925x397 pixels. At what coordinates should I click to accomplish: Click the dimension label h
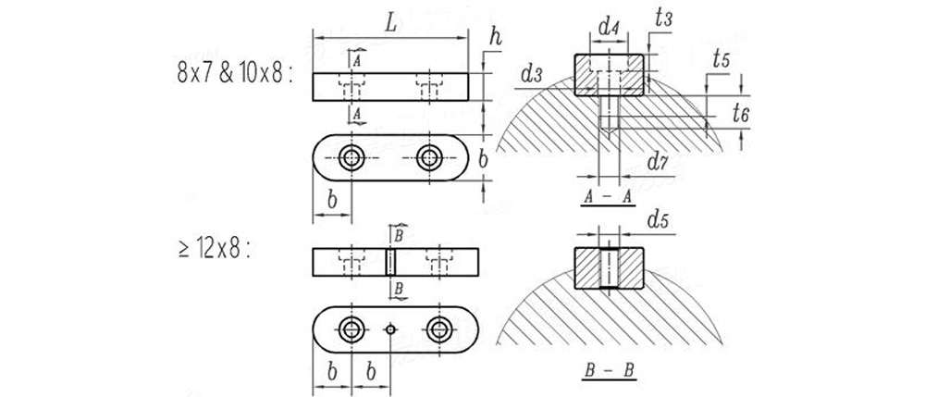tap(497, 37)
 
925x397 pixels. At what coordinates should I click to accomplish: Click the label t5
tap(721, 58)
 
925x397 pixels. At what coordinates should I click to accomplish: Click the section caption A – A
tap(608, 197)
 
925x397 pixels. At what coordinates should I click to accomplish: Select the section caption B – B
tap(608, 371)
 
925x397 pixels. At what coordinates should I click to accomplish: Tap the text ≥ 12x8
tap(214, 248)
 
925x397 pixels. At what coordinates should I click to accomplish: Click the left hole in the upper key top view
tap(351, 157)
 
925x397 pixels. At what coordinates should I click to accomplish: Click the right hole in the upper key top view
tap(428, 157)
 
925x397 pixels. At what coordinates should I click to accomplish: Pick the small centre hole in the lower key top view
tap(391, 329)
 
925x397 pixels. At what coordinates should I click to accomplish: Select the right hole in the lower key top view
tap(438, 329)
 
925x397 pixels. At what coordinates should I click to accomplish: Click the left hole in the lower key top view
tap(351, 329)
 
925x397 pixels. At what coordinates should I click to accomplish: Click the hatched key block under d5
tap(608, 267)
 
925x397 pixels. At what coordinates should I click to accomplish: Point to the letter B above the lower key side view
tap(398, 235)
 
